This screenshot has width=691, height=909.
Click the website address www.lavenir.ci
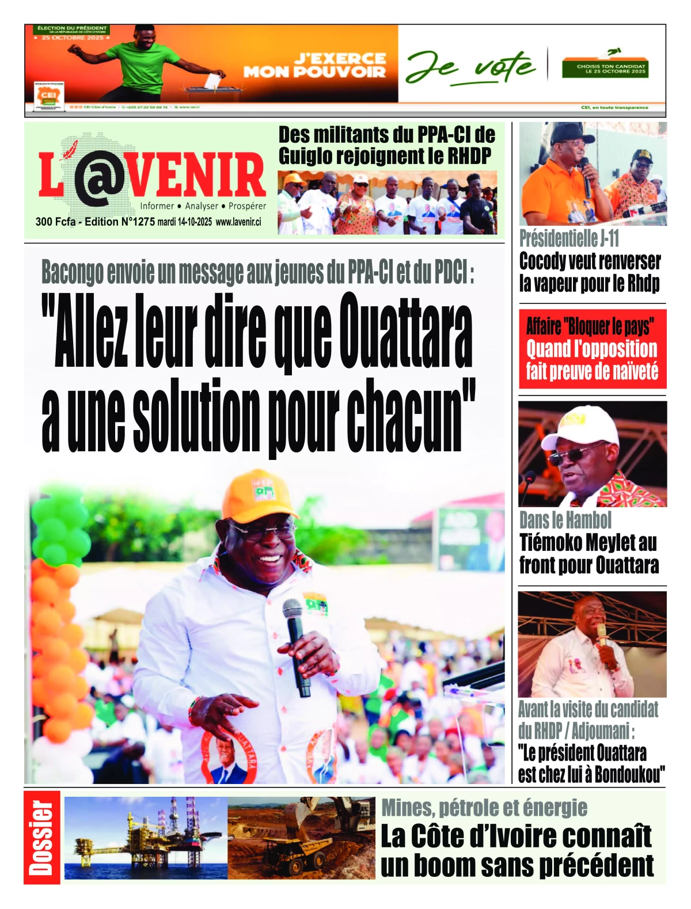(x=238, y=222)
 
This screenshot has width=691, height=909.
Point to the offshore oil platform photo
(x=146, y=838)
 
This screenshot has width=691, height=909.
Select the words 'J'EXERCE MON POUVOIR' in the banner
(x=316, y=65)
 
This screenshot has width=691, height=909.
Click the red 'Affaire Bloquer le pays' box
(x=592, y=349)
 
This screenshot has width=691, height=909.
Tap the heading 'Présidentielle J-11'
(x=569, y=238)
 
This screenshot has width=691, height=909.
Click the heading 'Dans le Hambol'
(x=565, y=520)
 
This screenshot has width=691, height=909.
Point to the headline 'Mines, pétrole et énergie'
(x=484, y=808)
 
